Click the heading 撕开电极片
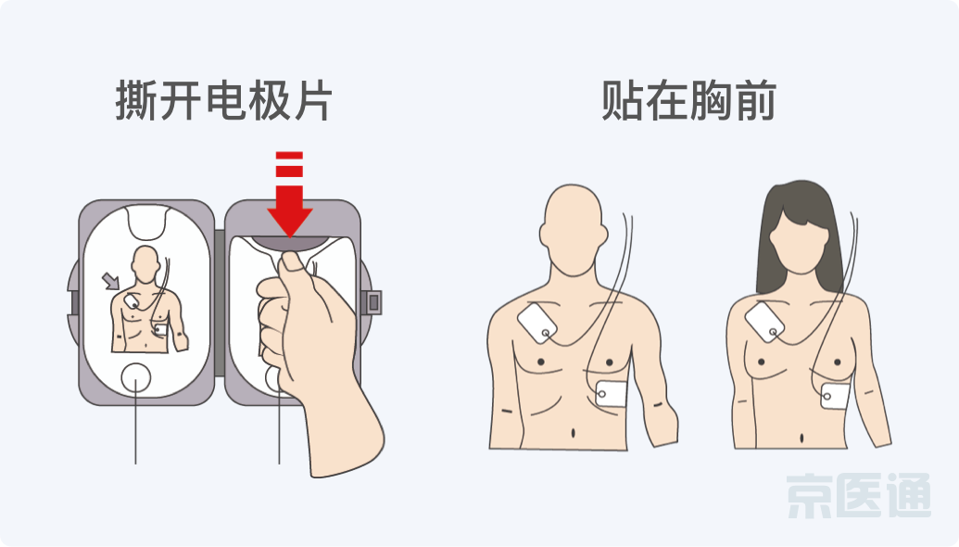(x=224, y=100)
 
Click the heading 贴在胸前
(x=688, y=100)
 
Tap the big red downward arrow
(x=289, y=194)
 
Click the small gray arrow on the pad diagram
(x=110, y=281)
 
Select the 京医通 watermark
(x=859, y=496)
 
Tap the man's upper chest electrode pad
(x=537, y=323)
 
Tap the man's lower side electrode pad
(x=611, y=394)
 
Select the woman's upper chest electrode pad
(x=764, y=322)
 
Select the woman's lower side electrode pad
(x=836, y=397)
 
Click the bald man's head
(x=574, y=230)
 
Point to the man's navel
(x=573, y=433)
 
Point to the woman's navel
(x=801, y=439)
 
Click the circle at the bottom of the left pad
(x=136, y=378)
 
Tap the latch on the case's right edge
(x=373, y=302)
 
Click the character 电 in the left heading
(x=223, y=100)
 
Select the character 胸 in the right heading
(x=712, y=100)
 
